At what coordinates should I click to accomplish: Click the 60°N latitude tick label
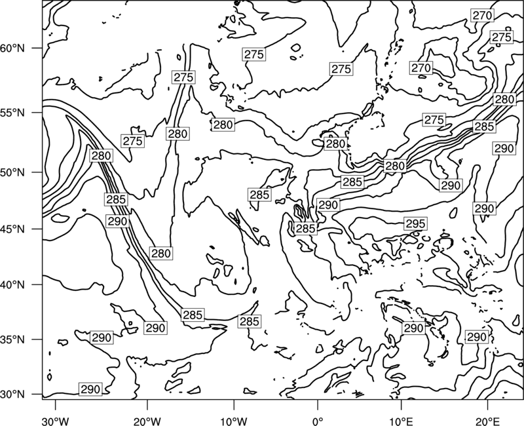tap(12, 48)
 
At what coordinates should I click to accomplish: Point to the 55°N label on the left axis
tap(12, 113)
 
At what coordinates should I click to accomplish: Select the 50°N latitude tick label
tap(12, 172)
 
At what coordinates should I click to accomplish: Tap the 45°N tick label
tap(12, 229)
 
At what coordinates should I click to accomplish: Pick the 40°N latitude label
tap(12, 285)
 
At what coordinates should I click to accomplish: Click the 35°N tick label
tap(12, 339)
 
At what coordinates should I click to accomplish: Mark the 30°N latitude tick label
tap(12, 395)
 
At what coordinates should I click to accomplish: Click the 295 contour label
tap(415, 223)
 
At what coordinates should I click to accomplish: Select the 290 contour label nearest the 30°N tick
tap(90, 389)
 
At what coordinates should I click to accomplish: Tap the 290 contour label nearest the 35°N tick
tap(102, 338)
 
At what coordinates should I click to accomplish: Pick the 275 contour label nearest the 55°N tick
tap(133, 141)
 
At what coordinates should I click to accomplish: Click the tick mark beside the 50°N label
tap(37, 172)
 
